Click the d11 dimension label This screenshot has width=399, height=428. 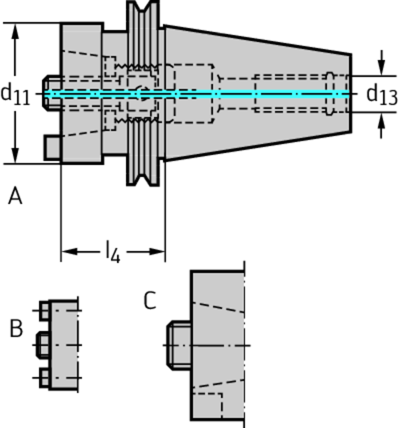15,94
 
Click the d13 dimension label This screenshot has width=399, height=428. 381,95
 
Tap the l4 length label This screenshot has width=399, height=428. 112,252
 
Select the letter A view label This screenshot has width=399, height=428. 15,196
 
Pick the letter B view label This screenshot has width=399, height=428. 16,329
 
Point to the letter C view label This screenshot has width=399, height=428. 150,301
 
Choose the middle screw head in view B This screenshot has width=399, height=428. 43,345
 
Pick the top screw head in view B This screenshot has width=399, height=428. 44,311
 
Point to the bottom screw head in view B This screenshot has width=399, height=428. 44,378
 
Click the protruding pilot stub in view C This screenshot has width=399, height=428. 179,345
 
